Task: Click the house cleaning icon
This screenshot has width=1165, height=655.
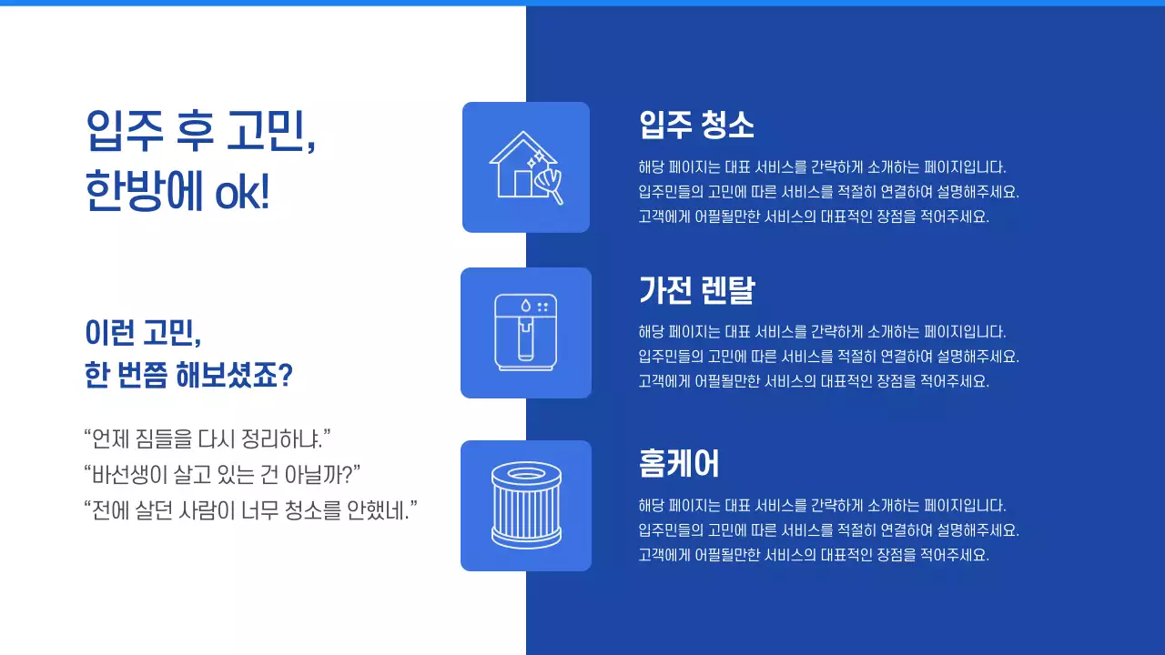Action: click(526, 167)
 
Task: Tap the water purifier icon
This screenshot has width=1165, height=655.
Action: click(526, 333)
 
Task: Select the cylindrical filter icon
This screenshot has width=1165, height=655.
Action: click(526, 506)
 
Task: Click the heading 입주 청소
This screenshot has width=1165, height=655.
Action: click(696, 125)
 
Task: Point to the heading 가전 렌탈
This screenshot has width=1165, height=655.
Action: click(696, 290)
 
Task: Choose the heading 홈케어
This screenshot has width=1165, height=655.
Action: click(679, 463)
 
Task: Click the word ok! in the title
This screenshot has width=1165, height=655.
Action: click(242, 193)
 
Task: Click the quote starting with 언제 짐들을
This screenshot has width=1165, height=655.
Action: click(207, 438)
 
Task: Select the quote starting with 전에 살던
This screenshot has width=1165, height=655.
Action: click(250, 509)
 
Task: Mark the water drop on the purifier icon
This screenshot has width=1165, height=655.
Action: click(525, 307)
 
